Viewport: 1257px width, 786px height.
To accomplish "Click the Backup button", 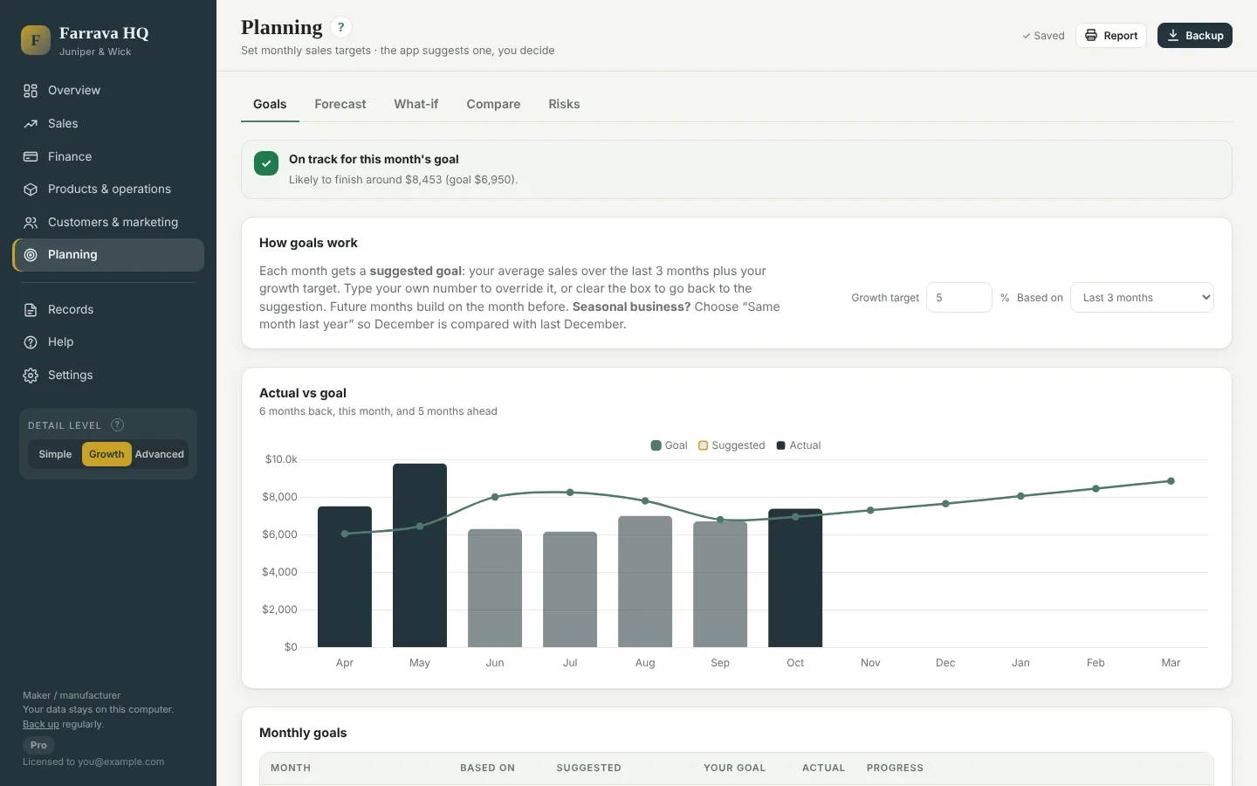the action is [x=1194, y=35].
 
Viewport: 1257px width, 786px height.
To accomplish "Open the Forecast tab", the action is [x=340, y=104].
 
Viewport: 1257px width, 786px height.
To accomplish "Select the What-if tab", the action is [x=416, y=104].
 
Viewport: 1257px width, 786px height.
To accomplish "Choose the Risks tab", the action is [x=564, y=104].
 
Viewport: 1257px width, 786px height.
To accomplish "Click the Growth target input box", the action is [x=958, y=298].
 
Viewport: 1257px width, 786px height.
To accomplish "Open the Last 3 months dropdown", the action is [x=1142, y=298].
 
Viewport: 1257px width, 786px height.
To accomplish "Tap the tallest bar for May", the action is [x=420, y=555].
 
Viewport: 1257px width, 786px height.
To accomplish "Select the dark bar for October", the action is [x=795, y=578].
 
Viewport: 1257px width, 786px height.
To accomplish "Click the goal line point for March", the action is [x=1171, y=481].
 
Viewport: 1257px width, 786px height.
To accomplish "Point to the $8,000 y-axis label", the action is [x=279, y=497].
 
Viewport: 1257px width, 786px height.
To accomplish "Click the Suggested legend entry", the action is [x=732, y=445].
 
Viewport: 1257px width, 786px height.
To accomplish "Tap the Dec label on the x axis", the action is [x=945, y=663].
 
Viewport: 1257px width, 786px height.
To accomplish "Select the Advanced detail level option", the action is [x=160, y=454].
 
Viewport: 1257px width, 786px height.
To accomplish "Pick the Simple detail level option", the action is [x=55, y=454].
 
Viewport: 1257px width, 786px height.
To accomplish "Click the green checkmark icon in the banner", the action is [x=266, y=163].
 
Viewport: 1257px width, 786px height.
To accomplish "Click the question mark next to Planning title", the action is [x=340, y=27].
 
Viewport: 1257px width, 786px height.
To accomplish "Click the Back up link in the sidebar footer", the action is [x=40, y=724].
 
